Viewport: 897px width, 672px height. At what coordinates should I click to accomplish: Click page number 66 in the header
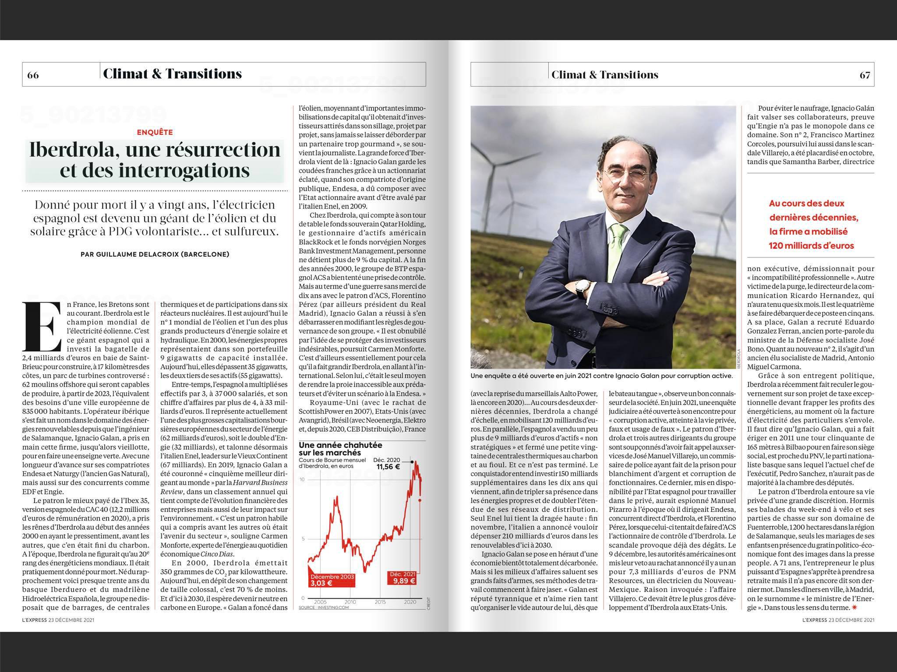pyautogui.click(x=33, y=75)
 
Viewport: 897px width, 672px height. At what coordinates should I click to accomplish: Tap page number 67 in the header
pyautogui.click(x=865, y=75)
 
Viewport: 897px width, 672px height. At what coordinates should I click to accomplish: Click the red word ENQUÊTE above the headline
pyautogui.click(x=155, y=132)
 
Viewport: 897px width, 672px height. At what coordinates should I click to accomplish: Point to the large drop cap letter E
pyautogui.click(x=43, y=327)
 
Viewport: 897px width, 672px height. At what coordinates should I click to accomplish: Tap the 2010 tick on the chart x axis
pyautogui.click(x=350, y=602)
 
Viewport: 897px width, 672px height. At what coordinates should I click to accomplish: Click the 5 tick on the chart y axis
pyautogui.click(x=304, y=539)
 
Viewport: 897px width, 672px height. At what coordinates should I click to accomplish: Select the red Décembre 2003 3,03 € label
pyautogui.click(x=332, y=580)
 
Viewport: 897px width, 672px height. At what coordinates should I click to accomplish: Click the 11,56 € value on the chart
pyautogui.click(x=388, y=467)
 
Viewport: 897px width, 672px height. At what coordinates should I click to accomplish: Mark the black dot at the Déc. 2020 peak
pyautogui.click(x=412, y=461)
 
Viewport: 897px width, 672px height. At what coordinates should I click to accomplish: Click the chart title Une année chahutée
pyautogui.click(x=340, y=445)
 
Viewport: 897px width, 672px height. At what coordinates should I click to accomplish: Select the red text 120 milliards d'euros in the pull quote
pyautogui.click(x=811, y=246)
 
